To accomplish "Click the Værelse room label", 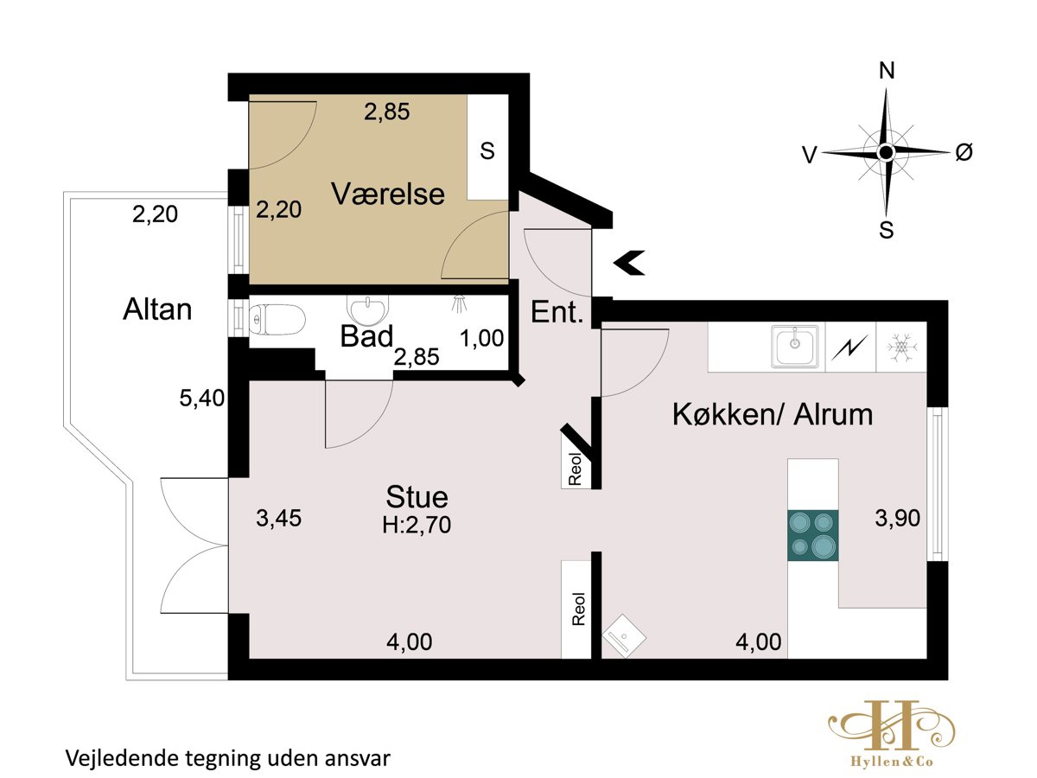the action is pos(387,194).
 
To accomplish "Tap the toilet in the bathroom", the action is pos(277,320).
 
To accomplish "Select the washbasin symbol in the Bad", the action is pos(367,309).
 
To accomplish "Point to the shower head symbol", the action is pos(459,303).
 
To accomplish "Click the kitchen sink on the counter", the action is pos(795,346).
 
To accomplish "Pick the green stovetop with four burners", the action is pos(812,535).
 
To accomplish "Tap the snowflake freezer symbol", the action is pos(901,348).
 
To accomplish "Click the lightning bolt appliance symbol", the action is pos(849,348).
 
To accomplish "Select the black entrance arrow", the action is pos(629,263).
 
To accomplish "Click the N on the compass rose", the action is pos(887,71).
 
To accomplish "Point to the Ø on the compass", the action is pos(964,152).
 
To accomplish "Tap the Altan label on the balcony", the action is pos(157,309).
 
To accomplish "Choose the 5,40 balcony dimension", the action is pos(201,399).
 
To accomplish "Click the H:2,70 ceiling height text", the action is pos(417,525).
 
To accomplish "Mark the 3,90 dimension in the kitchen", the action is pos(898,518).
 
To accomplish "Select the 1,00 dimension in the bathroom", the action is pos(482,338).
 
